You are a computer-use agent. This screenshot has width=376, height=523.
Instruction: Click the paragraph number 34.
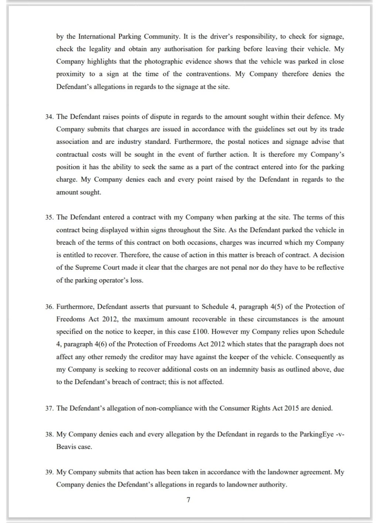pyautogui.click(x=50, y=117)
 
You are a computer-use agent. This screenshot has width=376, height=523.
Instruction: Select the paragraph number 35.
pyautogui.click(x=50, y=217)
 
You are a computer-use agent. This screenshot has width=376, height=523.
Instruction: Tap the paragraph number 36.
pyautogui.click(x=50, y=307)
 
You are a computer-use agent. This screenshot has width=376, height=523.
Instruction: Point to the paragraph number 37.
pyautogui.click(x=50, y=409)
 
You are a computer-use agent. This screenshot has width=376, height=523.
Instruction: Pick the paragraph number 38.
pyautogui.click(x=50, y=434)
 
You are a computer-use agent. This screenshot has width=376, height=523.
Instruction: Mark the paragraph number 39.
pyautogui.click(x=50, y=472)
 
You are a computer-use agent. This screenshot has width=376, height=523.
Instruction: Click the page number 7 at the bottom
pyautogui.click(x=189, y=500)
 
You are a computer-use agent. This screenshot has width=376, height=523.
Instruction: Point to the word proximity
pyautogui.click(x=70, y=74)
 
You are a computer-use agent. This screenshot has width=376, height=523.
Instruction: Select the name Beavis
pyautogui.click(x=67, y=447)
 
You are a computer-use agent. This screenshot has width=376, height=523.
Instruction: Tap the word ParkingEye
pyautogui.click(x=311, y=434)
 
